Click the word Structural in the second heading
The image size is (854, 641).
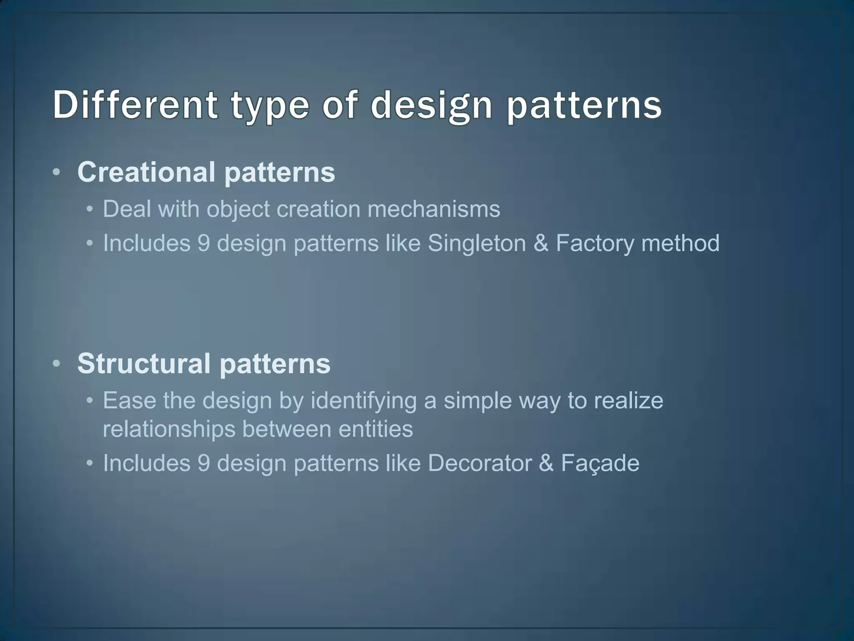point(144,363)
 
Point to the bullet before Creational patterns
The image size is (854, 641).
point(57,172)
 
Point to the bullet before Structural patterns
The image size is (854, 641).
point(57,364)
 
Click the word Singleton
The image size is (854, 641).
point(476,243)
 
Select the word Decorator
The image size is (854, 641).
point(480,463)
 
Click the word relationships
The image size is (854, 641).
point(169,429)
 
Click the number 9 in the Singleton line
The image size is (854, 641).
point(203,243)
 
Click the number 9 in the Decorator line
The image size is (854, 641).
point(203,463)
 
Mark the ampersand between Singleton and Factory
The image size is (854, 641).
point(541,243)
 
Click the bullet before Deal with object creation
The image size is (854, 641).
point(89,209)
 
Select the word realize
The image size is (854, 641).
point(628,400)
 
